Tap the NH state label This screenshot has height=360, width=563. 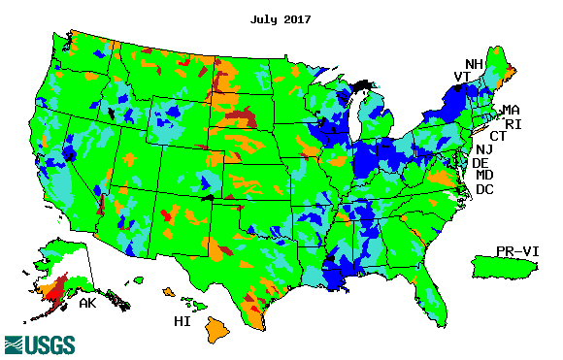point(474,64)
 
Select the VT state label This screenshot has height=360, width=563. point(462,78)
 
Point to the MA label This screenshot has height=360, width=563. point(510,110)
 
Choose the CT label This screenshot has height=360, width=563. point(497,137)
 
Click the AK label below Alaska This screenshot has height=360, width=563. point(86,304)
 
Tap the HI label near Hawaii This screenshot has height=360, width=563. point(182,320)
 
